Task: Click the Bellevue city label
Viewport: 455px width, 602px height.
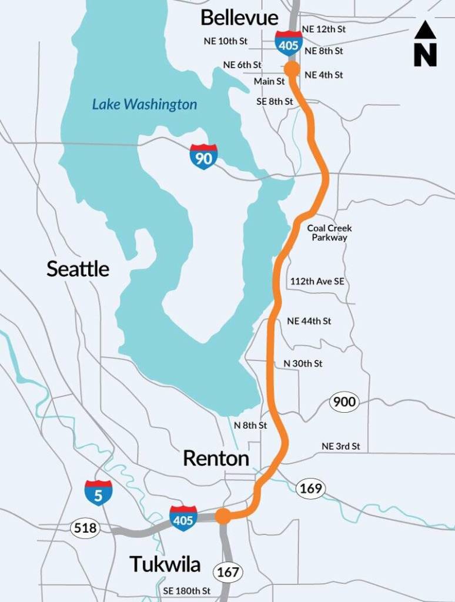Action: (x=239, y=18)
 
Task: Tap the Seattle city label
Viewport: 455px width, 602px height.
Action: (x=78, y=269)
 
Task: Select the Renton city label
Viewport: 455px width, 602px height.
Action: (x=216, y=458)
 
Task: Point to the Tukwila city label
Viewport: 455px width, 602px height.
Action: (x=165, y=564)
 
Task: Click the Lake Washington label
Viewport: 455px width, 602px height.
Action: (x=144, y=105)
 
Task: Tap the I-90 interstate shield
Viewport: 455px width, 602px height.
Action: (x=203, y=156)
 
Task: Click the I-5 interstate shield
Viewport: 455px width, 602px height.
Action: (x=98, y=493)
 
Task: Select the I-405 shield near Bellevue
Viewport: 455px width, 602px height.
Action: (x=289, y=43)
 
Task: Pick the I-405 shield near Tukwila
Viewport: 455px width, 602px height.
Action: (x=183, y=518)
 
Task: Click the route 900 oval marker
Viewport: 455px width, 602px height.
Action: (x=344, y=402)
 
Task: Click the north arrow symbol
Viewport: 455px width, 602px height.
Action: (x=425, y=44)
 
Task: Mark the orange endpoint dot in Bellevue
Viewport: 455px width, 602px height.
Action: (x=292, y=69)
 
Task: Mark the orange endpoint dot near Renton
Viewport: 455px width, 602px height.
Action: (x=223, y=516)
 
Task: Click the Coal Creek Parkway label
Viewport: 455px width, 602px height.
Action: (x=329, y=233)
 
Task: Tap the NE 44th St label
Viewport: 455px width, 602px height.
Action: (x=309, y=321)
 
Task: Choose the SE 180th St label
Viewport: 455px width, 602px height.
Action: (x=186, y=591)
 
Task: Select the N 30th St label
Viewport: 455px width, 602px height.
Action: (x=303, y=364)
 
